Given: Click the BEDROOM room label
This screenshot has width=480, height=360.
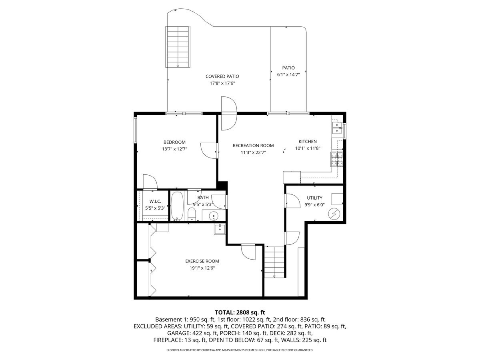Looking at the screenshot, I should pos(174,142).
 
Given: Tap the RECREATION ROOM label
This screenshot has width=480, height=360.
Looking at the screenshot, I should pos(253,146).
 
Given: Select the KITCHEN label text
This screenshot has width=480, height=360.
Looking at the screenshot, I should pos(308,142).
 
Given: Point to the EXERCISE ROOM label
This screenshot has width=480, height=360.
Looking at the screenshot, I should pos(202,261).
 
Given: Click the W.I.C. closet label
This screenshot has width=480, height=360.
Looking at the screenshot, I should pos(155,201).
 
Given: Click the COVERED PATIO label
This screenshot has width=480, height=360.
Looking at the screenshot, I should pos(222,76).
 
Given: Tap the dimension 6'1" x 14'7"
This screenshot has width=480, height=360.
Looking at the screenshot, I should pos(288,74).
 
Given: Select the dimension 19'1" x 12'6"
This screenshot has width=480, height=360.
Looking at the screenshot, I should pos(202,268).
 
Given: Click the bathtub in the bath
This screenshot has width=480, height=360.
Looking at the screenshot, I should pos(177,206).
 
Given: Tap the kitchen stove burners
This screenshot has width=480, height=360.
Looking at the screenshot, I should pos(337,159).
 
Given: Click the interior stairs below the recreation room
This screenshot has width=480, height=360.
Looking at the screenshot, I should pos(274,262).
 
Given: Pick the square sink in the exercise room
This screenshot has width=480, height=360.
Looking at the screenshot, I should pos(220,229).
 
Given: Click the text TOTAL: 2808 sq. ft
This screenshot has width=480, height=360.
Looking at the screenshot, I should pos(240,312).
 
